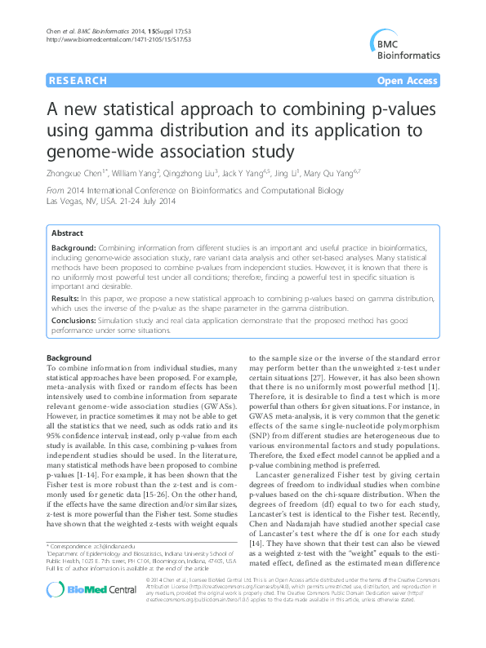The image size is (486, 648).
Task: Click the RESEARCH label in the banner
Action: (78, 81)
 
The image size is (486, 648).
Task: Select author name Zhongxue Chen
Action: (75, 174)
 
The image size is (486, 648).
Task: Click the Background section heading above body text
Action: (69, 358)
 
